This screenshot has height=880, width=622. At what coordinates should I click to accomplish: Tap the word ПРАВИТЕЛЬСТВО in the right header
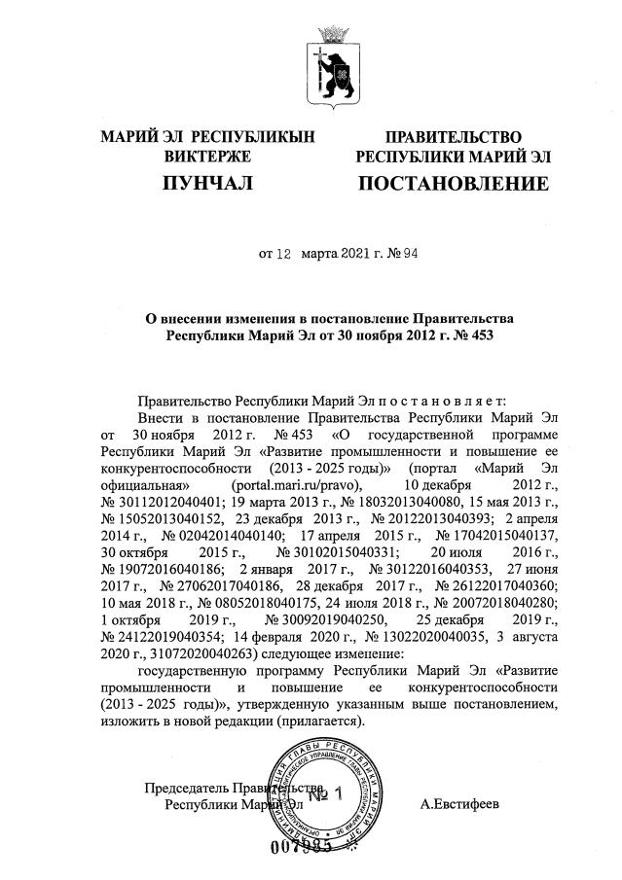point(453,137)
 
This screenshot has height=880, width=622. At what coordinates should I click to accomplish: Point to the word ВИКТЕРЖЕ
point(208,156)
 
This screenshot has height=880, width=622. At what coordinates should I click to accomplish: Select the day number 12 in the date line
point(284,257)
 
